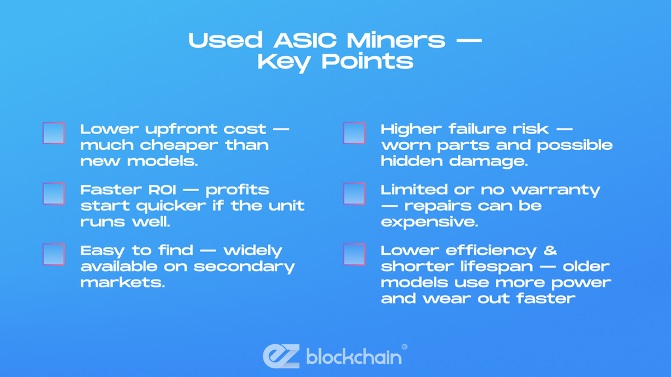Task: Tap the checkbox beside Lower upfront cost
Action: point(54,133)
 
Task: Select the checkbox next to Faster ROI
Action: point(54,194)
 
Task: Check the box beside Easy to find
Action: point(54,254)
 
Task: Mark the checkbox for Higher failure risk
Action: point(355,133)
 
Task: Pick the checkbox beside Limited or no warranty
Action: point(355,194)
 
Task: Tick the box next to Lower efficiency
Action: point(355,254)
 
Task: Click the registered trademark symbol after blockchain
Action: point(404,348)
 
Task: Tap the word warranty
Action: point(564,190)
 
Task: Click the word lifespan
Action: point(476,266)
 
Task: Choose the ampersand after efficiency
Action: point(549,250)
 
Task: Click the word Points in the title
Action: point(373,62)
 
